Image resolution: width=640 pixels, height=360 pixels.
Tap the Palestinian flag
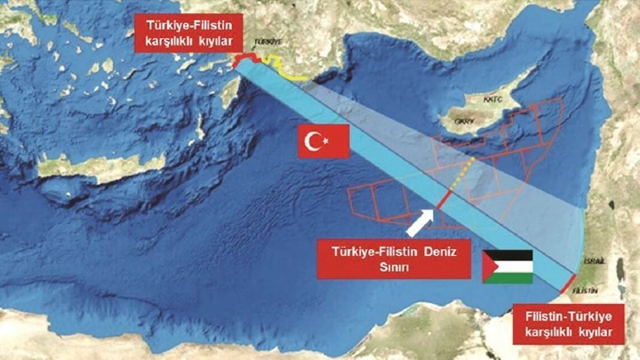pos(507,266)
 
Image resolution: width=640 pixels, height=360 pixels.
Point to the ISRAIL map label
pos(597,260)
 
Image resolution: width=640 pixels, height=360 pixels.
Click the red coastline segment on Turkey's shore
pos(244,58)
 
